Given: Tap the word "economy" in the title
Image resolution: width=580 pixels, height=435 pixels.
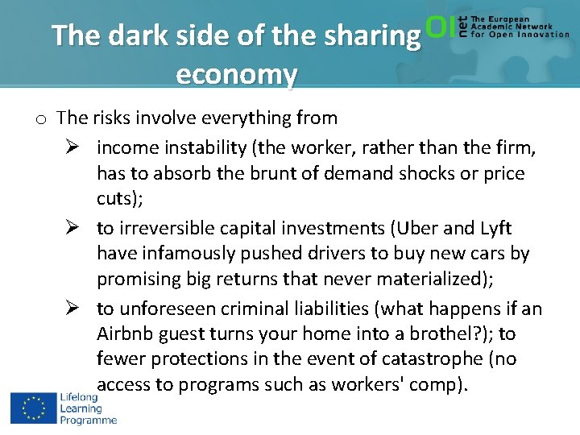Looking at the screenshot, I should pos(236,74).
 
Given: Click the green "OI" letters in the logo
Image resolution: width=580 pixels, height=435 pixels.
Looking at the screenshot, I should pos(440,27).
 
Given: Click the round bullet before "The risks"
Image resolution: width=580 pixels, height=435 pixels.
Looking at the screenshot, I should pos(40,119).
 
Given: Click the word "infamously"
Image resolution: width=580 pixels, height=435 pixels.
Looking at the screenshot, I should pos(187,254).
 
